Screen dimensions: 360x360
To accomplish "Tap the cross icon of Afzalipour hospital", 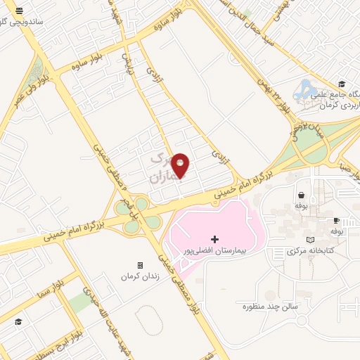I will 214,240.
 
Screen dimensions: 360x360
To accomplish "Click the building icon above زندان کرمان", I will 140,266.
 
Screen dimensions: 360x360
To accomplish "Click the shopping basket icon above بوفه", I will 301,195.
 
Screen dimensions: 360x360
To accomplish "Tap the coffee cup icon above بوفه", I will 336,220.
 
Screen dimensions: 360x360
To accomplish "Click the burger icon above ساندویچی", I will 20,11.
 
